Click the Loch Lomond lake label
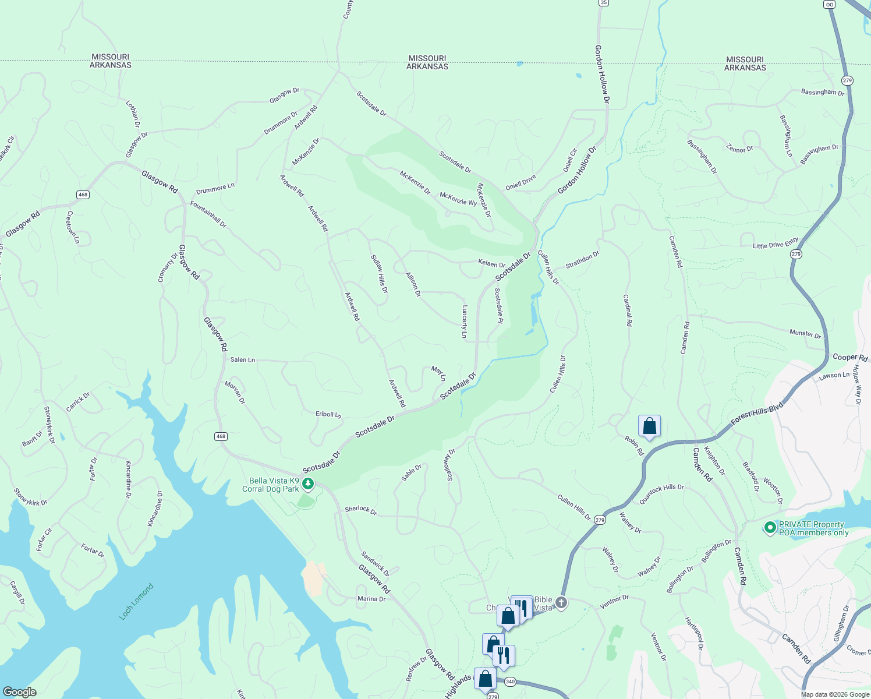136,602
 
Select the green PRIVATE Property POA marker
770,528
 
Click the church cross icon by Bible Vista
561,603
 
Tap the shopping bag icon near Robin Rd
649,426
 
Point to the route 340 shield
510,682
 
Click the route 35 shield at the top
604,3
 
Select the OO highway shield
829,4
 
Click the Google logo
19,691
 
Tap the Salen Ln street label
242,360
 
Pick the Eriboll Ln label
328,414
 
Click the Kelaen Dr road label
491,264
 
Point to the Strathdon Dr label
582,260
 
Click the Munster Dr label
805,334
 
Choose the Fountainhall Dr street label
208,214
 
